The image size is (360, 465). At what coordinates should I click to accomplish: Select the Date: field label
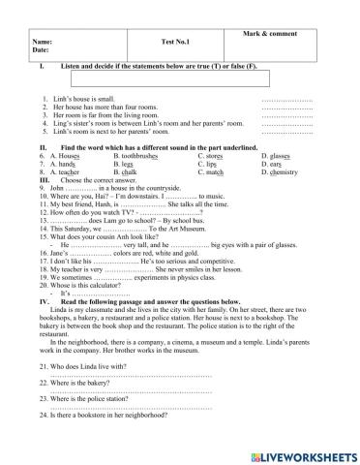(x=42, y=51)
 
